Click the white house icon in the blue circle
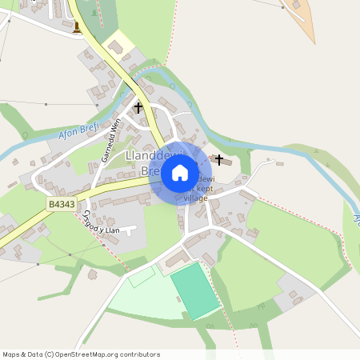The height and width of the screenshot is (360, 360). (180, 172)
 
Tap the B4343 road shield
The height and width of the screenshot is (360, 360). (60, 206)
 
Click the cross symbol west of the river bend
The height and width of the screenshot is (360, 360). (138, 106)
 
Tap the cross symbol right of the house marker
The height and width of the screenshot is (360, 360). (219, 159)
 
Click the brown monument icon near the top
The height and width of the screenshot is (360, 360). (77, 28)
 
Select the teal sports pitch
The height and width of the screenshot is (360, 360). (194, 290)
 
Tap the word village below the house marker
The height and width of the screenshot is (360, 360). (195, 198)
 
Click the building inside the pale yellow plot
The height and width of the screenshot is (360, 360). (116, 48)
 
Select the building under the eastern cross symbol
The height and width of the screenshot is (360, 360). (226, 163)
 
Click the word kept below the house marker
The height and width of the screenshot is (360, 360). (200, 189)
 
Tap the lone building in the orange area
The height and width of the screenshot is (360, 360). (298, 5)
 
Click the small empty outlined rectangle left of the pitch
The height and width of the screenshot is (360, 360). (142, 277)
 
